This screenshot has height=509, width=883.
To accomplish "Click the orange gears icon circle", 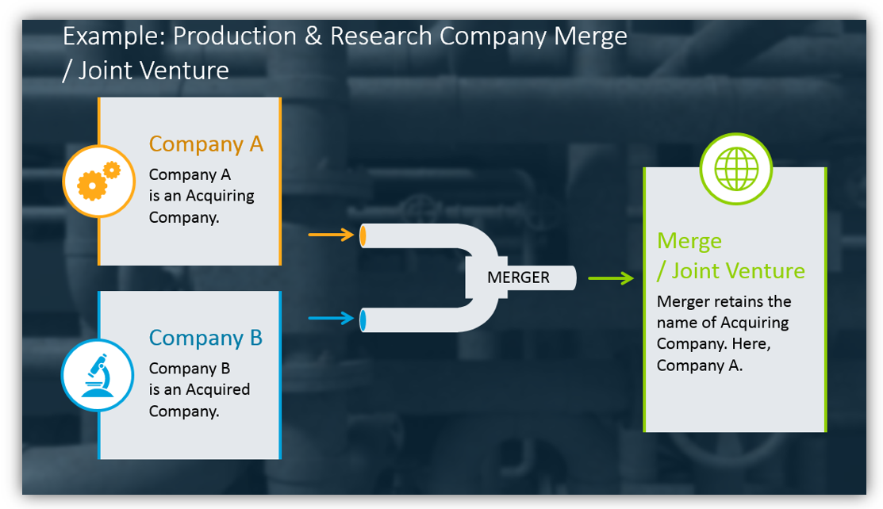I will point(99,182).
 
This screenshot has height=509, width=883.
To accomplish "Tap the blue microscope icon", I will point(98,375).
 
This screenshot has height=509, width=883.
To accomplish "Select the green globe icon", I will point(736,169).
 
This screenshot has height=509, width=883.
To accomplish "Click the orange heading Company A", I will point(206,144).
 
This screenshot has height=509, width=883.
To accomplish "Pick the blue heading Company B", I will point(205,338).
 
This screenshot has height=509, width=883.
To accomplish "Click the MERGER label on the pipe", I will point(518,277).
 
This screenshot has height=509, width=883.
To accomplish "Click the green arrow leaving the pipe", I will point(610,277).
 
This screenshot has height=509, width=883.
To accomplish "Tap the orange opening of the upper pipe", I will point(363,235).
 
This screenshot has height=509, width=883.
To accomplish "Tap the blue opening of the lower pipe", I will point(363,320).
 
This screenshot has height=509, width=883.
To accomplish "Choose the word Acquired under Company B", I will point(217,389).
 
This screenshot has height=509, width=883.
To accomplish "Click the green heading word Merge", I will point(689,241).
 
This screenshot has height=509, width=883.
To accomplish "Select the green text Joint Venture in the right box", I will point(738,271).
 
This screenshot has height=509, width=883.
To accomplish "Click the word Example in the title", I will point(111,36).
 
